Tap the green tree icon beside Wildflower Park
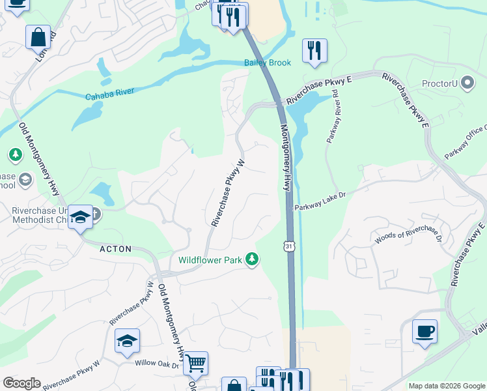(x=252, y=260)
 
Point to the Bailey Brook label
(x=267, y=63)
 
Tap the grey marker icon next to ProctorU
(x=467, y=83)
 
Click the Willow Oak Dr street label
(x=156, y=364)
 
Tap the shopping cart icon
(x=195, y=363)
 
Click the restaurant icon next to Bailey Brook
(x=314, y=50)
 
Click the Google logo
(x=21, y=383)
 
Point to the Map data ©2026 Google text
(x=446, y=386)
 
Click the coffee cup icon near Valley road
(x=424, y=332)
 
